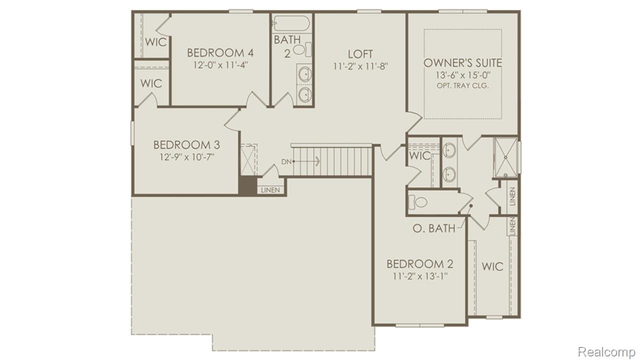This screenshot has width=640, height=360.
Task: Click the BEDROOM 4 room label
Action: [x=220, y=53]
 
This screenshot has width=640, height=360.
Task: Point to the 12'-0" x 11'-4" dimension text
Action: [x=220, y=65]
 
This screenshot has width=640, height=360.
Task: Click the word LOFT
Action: [x=360, y=54]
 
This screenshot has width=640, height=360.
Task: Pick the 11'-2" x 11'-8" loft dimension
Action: [x=360, y=65]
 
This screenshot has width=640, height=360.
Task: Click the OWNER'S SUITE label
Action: [x=462, y=63]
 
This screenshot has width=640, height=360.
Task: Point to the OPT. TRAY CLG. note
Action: [x=462, y=85]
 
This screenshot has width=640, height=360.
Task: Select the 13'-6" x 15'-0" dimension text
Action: [x=462, y=75]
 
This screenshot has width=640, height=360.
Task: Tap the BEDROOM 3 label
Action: [x=186, y=145]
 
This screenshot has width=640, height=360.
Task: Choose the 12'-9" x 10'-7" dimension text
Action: [x=186, y=157]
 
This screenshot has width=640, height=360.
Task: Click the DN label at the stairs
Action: [x=286, y=161]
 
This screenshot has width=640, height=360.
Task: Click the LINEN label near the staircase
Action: [x=271, y=190]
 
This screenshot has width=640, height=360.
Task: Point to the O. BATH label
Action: [x=434, y=228]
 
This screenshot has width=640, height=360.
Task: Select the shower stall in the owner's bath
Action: [x=505, y=157]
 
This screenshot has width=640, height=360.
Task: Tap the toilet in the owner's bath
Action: [x=417, y=201]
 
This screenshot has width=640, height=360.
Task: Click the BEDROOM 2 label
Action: [x=420, y=264]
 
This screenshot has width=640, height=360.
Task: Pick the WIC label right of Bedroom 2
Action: [x=492, y=266]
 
